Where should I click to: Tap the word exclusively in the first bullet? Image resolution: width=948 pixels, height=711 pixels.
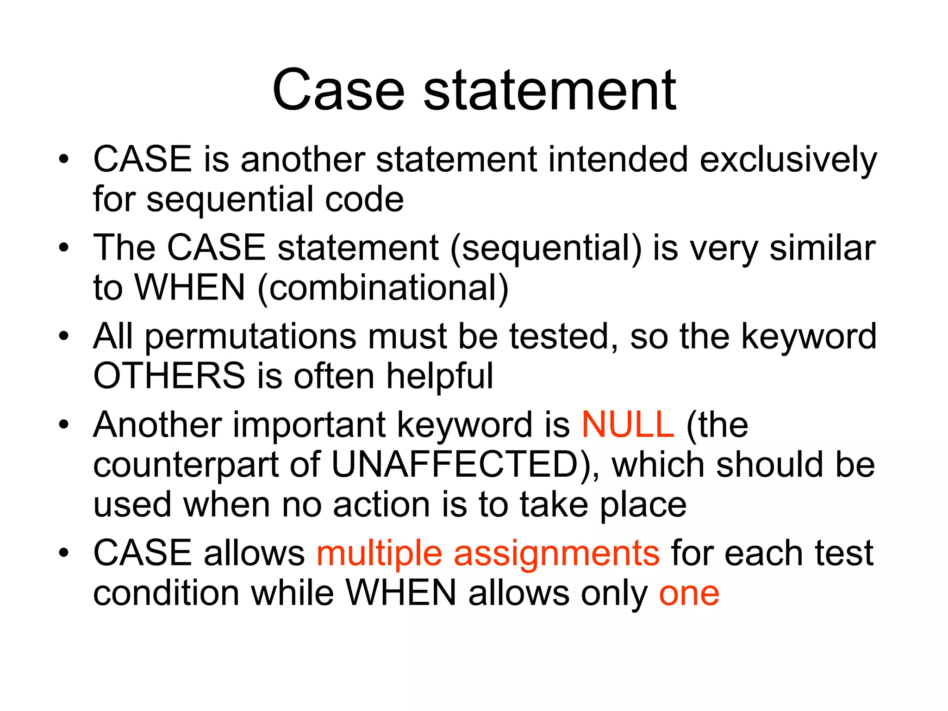[788, 160]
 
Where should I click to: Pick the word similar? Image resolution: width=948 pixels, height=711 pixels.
[823, 249]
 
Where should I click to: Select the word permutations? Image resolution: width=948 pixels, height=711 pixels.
[250, 337]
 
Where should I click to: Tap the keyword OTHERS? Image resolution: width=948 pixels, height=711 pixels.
[169, 376]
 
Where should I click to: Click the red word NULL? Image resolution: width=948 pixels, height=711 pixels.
[628, 425]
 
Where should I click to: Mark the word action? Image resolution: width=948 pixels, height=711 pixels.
[381, 505]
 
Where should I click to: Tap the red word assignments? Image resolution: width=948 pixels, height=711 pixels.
[556, 554]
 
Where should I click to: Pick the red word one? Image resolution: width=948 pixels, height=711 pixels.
[689, 594]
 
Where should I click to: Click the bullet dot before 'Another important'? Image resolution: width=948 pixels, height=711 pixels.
[64, 424]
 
